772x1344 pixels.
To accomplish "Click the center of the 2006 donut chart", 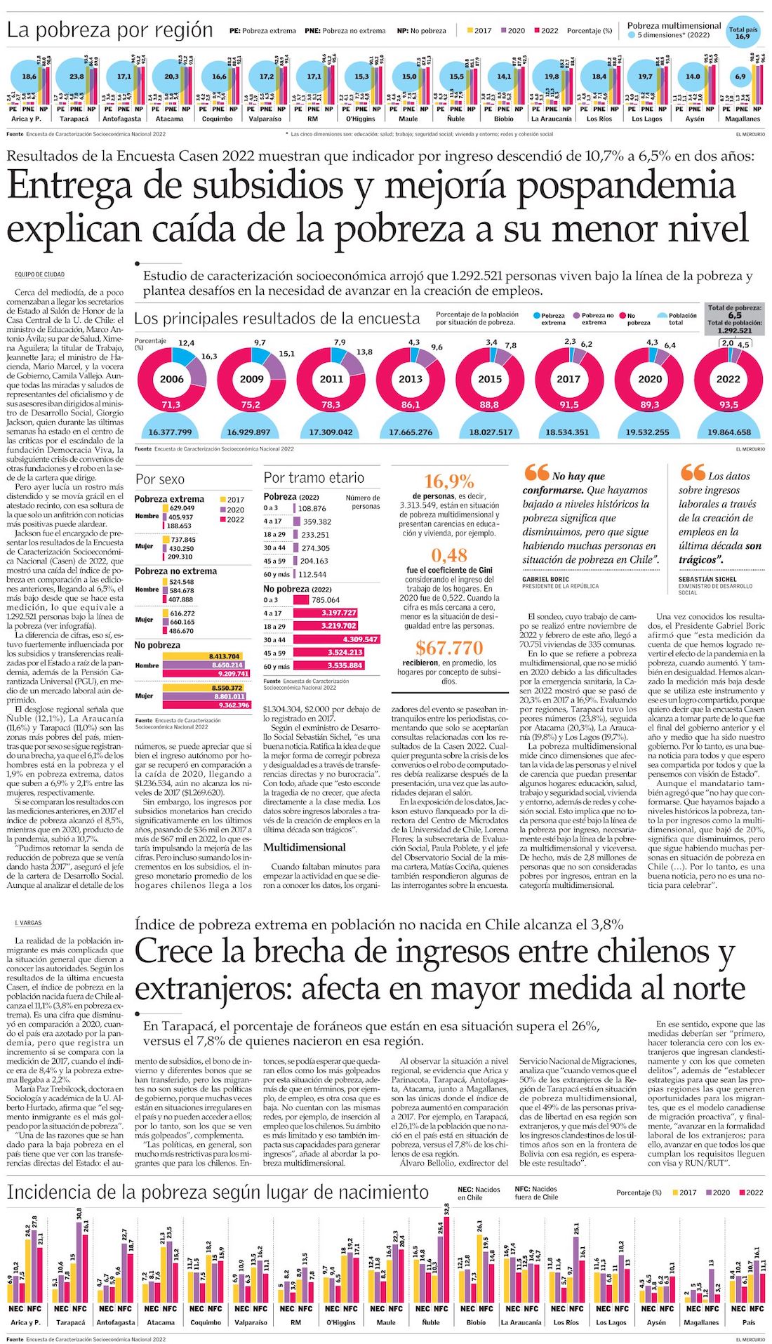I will [x=172, y=379].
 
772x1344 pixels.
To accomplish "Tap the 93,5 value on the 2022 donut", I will [x=728, y=405].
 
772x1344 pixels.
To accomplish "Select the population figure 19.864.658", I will [x=728, y=432].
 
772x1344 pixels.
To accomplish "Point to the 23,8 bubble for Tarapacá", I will [x=76, y=76].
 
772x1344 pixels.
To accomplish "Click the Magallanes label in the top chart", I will [x=743, y=119].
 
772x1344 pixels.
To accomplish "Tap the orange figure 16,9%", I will [x=449, y=481].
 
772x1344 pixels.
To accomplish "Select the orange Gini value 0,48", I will [x=449, y=555].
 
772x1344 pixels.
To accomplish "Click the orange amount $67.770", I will [x=449, y=647].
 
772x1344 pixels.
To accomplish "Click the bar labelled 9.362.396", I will [x=206, y=705].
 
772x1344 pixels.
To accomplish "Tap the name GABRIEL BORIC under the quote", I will [x=545, y=580].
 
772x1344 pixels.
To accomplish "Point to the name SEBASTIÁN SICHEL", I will [x=707, y=580].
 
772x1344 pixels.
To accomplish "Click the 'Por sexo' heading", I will [x=160, y=479].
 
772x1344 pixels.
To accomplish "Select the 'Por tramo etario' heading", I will [x=314, y=478].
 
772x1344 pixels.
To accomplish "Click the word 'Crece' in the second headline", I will [x=173, y=952].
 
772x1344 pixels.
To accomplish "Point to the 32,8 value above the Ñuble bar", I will [x=446, y=1210].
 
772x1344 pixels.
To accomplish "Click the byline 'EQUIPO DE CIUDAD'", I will [x=40, y=274].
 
